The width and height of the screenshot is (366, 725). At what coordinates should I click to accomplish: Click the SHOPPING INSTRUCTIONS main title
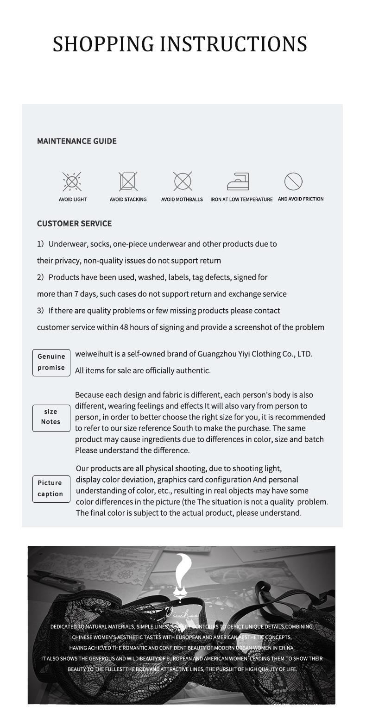coord(180,44)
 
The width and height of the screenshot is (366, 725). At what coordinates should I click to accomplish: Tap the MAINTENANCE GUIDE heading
coord(76,141)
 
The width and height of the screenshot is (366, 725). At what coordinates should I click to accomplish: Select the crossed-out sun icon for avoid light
coord(72,181)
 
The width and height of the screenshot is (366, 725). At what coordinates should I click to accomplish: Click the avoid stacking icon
coord(128,181)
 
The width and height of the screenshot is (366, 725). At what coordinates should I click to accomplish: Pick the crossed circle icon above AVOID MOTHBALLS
coord(183,181)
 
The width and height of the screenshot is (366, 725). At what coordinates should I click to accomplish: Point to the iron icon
coord(238,181)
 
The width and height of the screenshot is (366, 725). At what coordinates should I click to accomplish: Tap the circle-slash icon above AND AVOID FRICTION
coord(293,181)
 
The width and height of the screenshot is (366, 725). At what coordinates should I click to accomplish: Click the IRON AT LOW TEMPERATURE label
coord(241,200)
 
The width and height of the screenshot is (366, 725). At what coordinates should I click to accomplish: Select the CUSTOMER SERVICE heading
coord(74,224)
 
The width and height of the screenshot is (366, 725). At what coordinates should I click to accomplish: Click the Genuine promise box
coord(51,362)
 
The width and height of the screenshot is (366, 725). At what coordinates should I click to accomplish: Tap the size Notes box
coord(51,417)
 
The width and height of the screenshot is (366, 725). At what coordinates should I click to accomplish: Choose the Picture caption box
coord(51,488)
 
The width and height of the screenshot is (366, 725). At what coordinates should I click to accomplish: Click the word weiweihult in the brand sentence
coord(94,354)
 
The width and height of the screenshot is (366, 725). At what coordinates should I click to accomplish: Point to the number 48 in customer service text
coord(124,327)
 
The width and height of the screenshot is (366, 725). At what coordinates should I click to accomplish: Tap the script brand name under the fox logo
coord(182,614)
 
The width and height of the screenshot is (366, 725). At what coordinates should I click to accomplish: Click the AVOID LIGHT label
coord(73,200)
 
